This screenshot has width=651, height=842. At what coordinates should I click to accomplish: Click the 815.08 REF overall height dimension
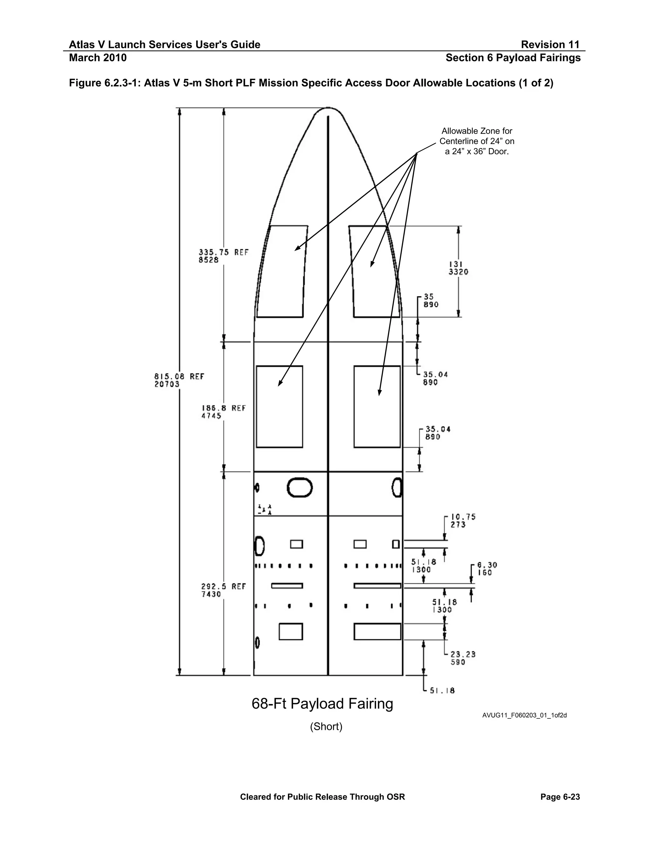(179, 380)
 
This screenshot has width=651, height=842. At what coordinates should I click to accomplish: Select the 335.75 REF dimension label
(223, 255)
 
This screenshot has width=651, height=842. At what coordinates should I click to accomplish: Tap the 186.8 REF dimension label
(223, 412)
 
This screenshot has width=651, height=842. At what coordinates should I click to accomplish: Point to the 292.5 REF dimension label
(223, 590)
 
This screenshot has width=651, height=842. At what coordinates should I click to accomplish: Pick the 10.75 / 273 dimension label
(463, 520)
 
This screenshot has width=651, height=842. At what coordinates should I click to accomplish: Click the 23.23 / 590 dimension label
(463, 658)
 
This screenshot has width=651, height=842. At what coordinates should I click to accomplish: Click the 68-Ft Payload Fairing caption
(322, 703)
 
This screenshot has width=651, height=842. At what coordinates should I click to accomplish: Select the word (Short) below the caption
(326, 727)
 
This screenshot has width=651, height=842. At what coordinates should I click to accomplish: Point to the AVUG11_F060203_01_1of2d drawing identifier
(524, 716)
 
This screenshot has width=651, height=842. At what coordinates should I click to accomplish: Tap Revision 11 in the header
(550, 45)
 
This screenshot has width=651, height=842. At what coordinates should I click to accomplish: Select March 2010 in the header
(98, 58)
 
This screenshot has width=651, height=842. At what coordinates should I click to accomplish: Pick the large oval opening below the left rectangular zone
(300, 488)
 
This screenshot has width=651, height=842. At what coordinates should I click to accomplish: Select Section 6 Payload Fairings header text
(513, 58)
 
